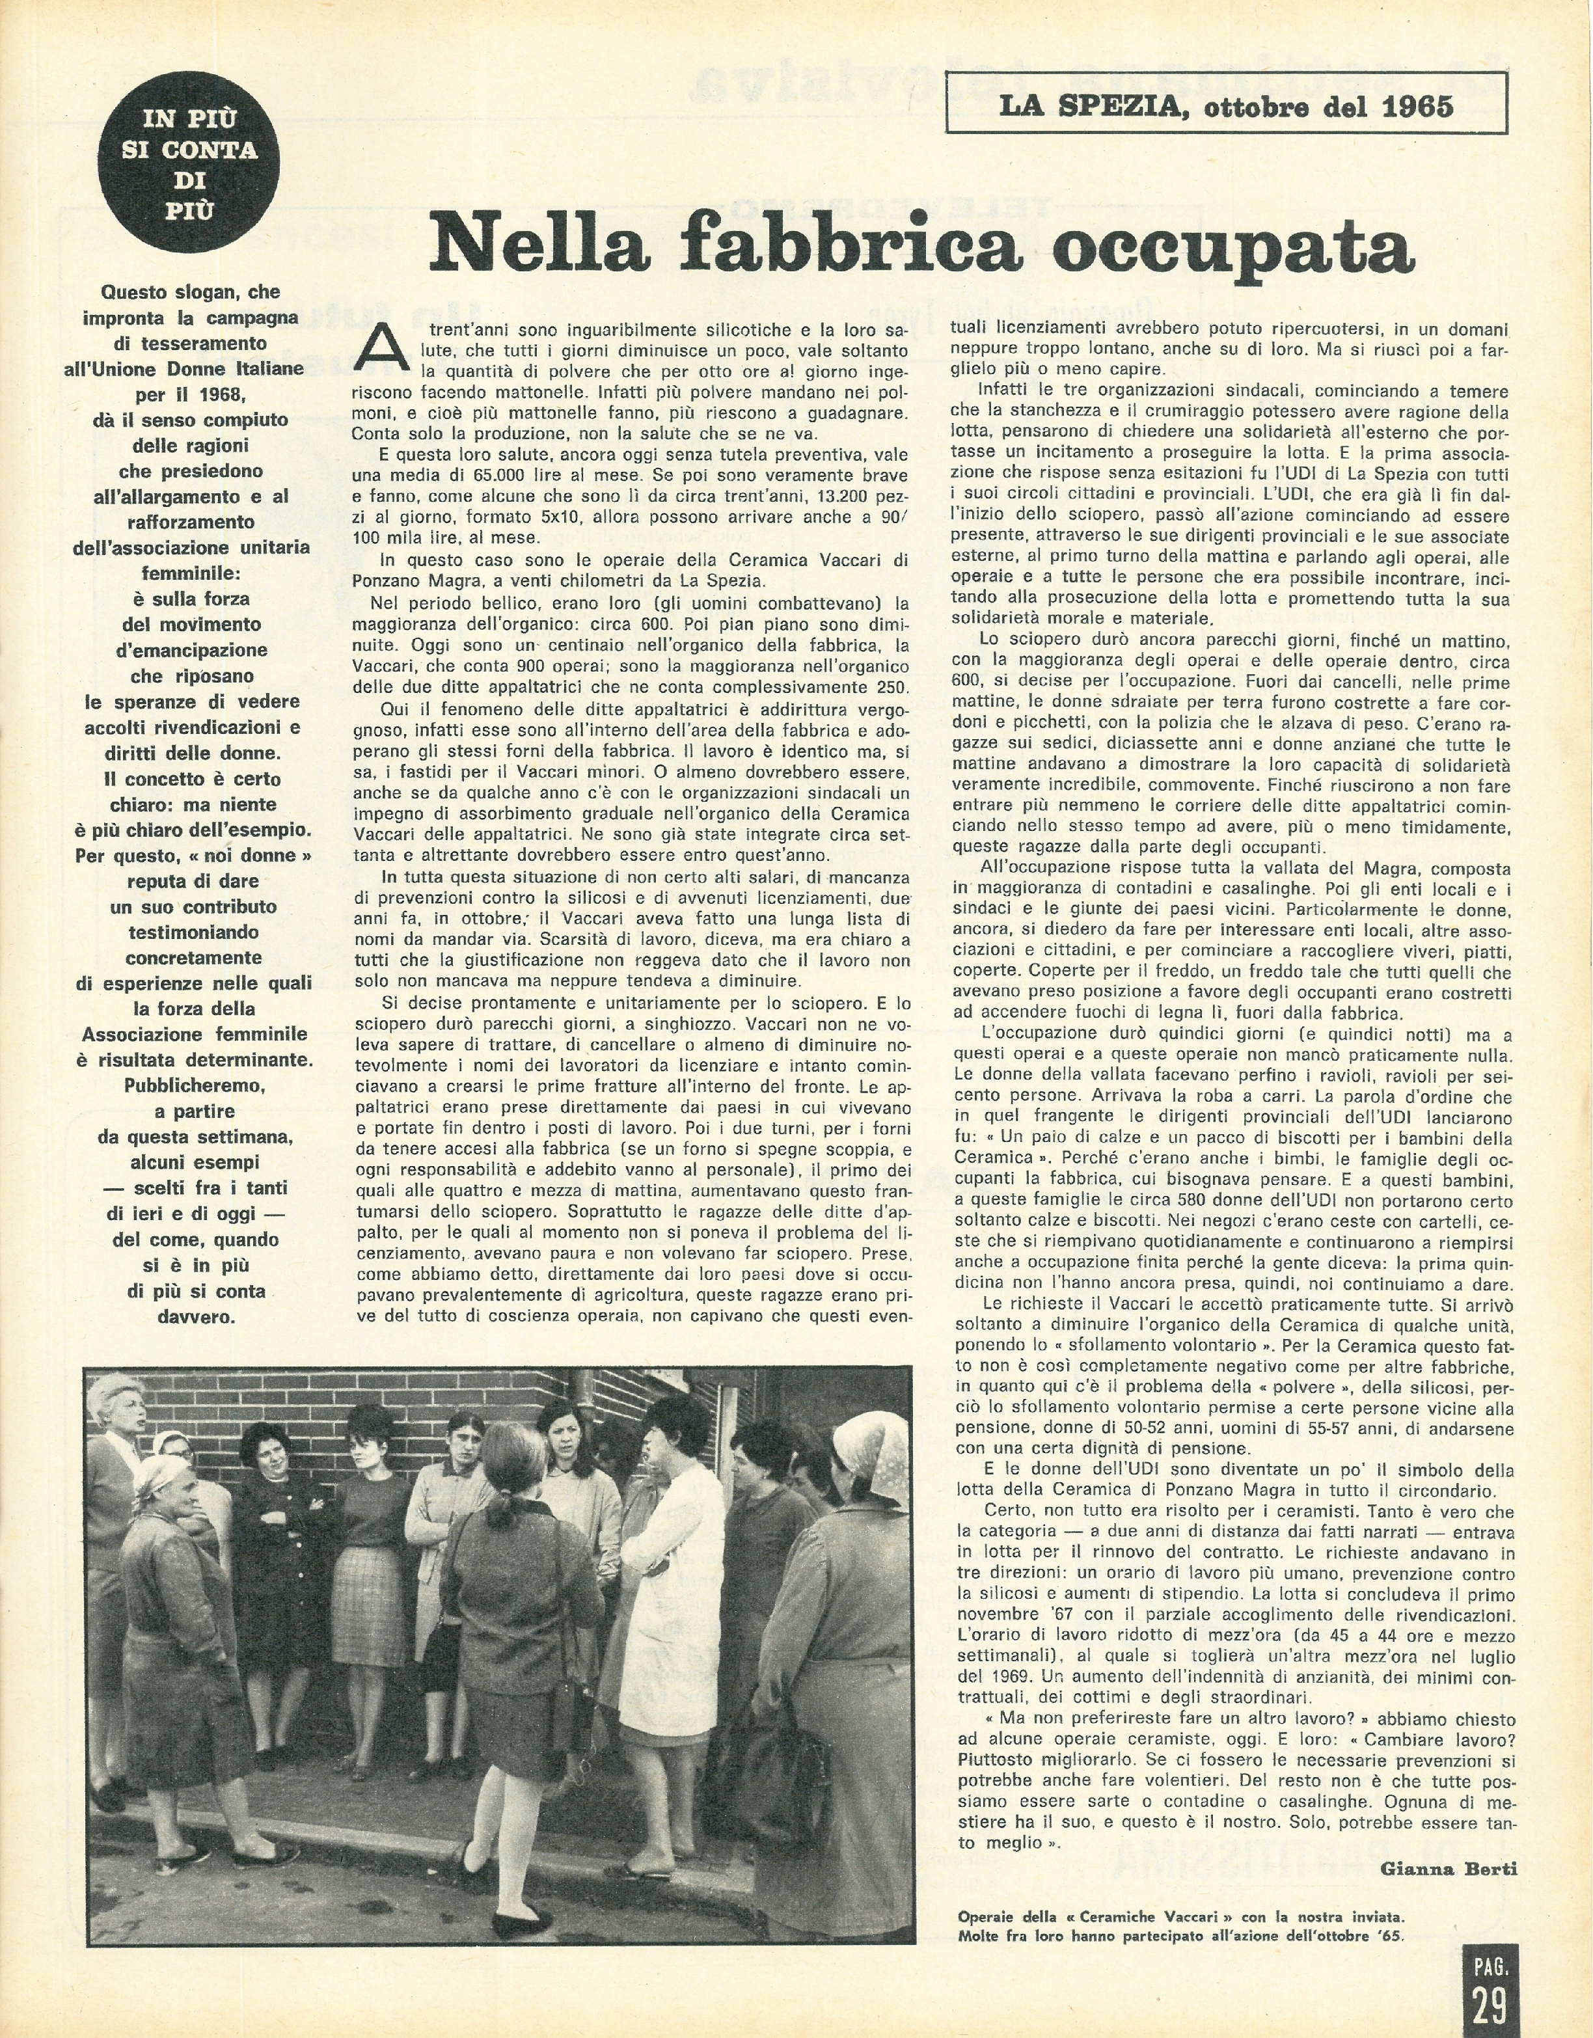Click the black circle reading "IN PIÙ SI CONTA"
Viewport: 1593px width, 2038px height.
[189, 165]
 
